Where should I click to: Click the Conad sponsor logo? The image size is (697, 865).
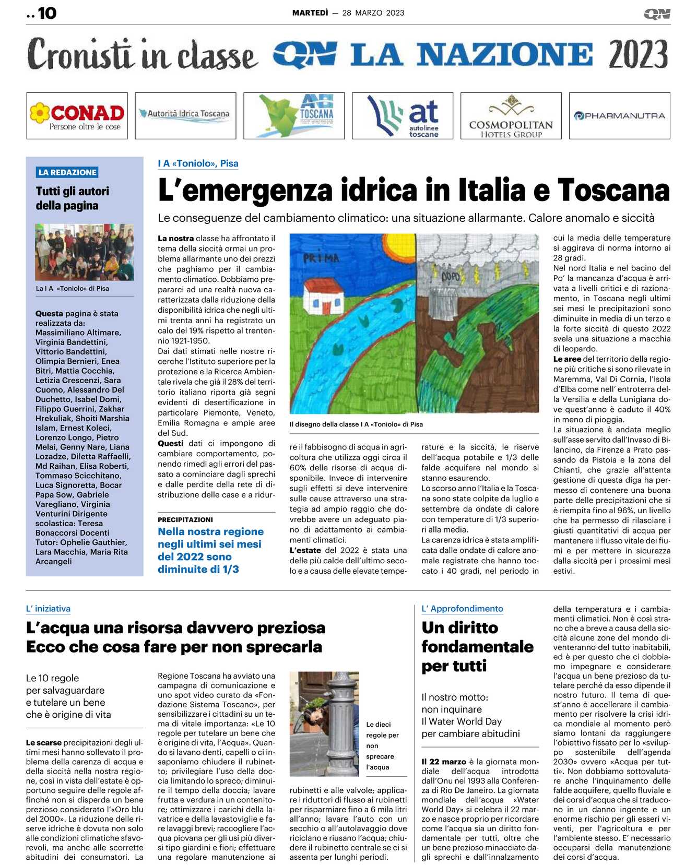point(77,115)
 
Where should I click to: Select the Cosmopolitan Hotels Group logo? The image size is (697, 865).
point(511,116)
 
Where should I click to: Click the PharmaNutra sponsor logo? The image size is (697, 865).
point(620,116)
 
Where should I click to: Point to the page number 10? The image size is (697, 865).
point(47,13)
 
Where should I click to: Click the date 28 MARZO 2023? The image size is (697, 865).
point(373,13)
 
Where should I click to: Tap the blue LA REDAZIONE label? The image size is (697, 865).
point(67,172)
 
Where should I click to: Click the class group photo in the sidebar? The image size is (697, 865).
point(84,252)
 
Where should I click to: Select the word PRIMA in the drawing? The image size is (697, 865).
point(321,258)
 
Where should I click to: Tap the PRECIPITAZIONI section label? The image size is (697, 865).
point(185,519)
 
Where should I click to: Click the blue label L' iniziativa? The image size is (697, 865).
point(48,609)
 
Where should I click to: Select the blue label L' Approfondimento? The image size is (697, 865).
point(462,609)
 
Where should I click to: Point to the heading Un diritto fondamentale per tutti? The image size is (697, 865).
point(477,646)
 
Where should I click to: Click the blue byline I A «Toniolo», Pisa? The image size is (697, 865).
point(198,163)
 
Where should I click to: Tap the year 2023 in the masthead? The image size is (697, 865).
point(638,54)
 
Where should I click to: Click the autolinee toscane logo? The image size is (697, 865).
point(403,116)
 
